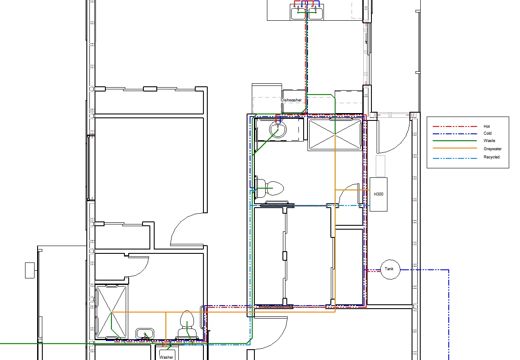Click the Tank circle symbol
[x=390, y=269]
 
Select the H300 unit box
[x=378, y=194]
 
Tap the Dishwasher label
[x=291, y=100]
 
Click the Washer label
[x=166, y=357]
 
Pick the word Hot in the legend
[x=487, y=126]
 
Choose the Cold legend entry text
[x=488, y=133]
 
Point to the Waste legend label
[x=489, y=141]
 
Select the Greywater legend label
[x=492, y=148]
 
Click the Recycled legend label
[x=491, y=157]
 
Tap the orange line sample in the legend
[x=455, y=148]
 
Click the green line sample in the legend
[x=455, y=141]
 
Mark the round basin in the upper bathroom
[x=278, y=129]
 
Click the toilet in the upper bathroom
[x=270, y=188]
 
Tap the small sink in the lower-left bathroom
[x=145, y=333]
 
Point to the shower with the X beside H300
[x=335, y=134]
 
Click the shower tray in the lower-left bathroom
[x=111, y=312]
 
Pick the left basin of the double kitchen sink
[x=298, y=12]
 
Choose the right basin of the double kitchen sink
[x=315, y=12]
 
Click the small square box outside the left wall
[x=30, y=270]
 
